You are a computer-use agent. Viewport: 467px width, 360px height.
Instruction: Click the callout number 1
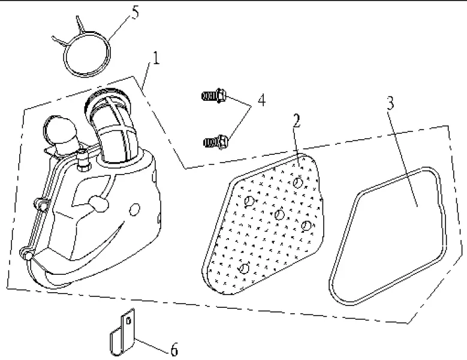155,59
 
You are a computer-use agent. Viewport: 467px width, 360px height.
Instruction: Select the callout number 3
390,103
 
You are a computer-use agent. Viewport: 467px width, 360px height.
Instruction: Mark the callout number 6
174,349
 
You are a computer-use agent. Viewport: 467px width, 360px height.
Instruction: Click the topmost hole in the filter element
298,182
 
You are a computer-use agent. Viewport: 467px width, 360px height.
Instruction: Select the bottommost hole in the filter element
243,268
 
